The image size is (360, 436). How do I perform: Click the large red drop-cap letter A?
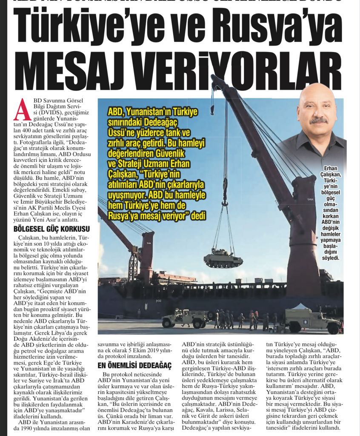pyautogui.click(x=22, y=109)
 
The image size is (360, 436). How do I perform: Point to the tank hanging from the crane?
pyautogui.click(x=223, y=258)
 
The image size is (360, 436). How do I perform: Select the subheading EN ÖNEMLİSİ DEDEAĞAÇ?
pyautogui.click(x=134, y=365)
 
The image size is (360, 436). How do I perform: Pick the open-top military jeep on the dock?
pyautogui.click(x=186, y=318)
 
